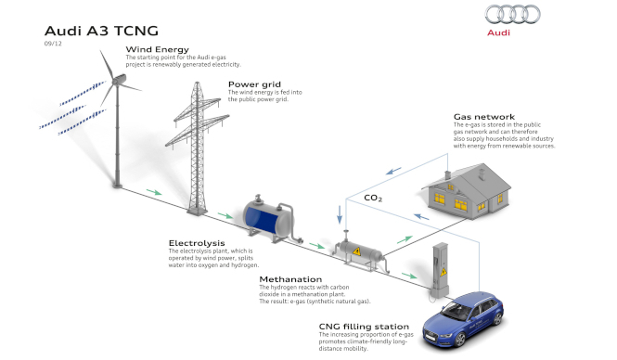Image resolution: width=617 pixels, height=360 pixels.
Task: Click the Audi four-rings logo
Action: pyautogui.click(x=512, y=14)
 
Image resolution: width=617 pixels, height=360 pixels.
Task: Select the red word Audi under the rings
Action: pyautogui.click(x=498, y=32)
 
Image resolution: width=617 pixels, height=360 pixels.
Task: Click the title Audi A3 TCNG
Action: pyautogui.click(x=101, y=31)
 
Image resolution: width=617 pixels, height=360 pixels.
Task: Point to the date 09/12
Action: pyautogui.click(x=53, y=44)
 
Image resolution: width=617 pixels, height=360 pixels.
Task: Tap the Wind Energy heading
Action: pyautogui.click(x=158, y=49)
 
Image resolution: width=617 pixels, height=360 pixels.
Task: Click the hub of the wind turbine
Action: pyautogui.click(x=117, y=81)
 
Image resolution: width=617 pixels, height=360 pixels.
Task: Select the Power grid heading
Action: pyautogui.click(x=254, y=84)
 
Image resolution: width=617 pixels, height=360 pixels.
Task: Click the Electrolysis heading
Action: pyautogui.click(x=197, y=243)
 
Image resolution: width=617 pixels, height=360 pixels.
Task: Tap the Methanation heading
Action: pyautogui.click(x=290, y=279)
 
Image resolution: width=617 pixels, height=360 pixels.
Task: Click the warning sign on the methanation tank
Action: pyautogui.click(x=356, y=251)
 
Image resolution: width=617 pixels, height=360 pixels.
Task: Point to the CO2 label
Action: pyautogui.click(x=373, y=198)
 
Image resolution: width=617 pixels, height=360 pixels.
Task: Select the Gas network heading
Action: pyautogui.click(x=484, y=117)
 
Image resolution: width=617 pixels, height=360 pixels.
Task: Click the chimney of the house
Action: pyautogui.click(x=447, y=174)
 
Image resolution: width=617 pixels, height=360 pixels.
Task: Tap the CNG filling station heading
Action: pyautogui.click(x=364, y=327)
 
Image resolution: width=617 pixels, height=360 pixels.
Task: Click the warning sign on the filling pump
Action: pyautogui.click(x=443, y=272)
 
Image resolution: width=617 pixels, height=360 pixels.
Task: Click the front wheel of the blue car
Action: pyautogui.click(x=459, y=340)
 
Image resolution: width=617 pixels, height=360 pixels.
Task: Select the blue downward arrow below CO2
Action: pyautogui.click(x=340, y=214)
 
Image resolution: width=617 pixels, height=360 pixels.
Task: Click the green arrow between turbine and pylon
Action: pyautogui.click(x=154, y=192)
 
